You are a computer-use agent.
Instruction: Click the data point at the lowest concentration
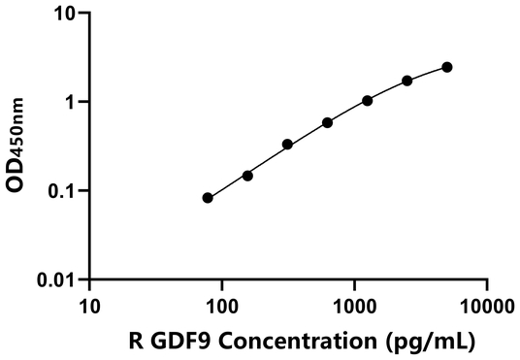pos(208,198)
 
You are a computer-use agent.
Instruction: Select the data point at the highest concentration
pos(447,67)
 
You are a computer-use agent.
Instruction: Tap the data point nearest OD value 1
pos(368,100)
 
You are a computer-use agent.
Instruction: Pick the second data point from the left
pos(247,176)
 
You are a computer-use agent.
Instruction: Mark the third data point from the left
pos(287,145)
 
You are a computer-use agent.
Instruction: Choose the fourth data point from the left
pos(328,122)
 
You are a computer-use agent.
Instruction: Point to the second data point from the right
pos(407,81)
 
